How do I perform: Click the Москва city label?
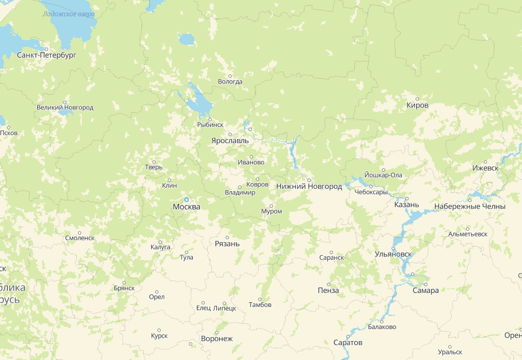tap(187, 207)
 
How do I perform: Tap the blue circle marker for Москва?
tap(187, 199)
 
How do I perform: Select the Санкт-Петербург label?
tap(47, 56)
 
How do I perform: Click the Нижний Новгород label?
tap(309, 187)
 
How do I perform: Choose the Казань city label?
tap(407, 204)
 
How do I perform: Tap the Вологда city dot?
tap(230, 76)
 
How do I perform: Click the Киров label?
tap(417, 105)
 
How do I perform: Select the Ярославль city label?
tap(230, 140)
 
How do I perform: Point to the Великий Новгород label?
tap(65, 108)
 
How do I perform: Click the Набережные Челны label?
tap(469, 206)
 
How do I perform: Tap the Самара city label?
tap(425, 291)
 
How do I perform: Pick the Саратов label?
tap(347, 343)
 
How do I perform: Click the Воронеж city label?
tap(217, 339)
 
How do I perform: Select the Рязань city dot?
tap(227, 237)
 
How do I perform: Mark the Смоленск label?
tap(80, 238)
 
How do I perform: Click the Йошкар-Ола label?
tap(383, 175)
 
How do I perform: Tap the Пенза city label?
tap(328, 291)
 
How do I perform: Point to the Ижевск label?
tap(485, 168)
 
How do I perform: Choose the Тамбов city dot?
tap(260, 299)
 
